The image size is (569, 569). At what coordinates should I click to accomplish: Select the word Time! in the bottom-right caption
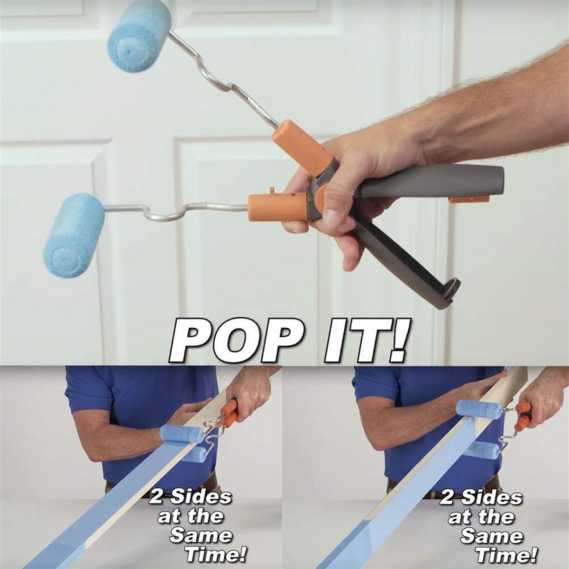[x=506, y=554]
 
